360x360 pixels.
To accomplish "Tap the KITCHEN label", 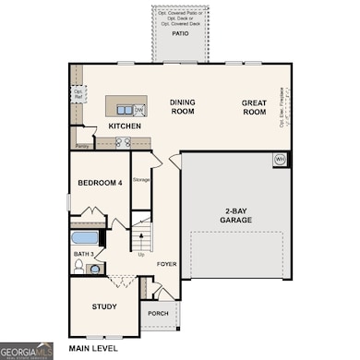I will (x=124, y=126).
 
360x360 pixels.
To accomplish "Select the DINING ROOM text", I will (x=183, y=107).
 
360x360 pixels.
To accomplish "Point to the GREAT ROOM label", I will (x=255, y=107).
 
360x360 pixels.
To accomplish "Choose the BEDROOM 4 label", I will (x=100, y=182).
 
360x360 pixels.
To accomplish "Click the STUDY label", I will (x=103, y=306).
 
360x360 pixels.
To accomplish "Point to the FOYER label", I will (x=165, y=264).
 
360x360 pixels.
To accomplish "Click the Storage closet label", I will (x=141, y=180).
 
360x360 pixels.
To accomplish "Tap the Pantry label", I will (x=82, y=145).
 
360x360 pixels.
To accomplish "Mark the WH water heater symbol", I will (x=279, y=160).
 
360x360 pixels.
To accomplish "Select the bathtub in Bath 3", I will (x=89, y=238).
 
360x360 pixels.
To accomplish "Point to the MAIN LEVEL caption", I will (x=93, y=349).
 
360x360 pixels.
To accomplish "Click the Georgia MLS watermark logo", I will (x=26, y=351).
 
